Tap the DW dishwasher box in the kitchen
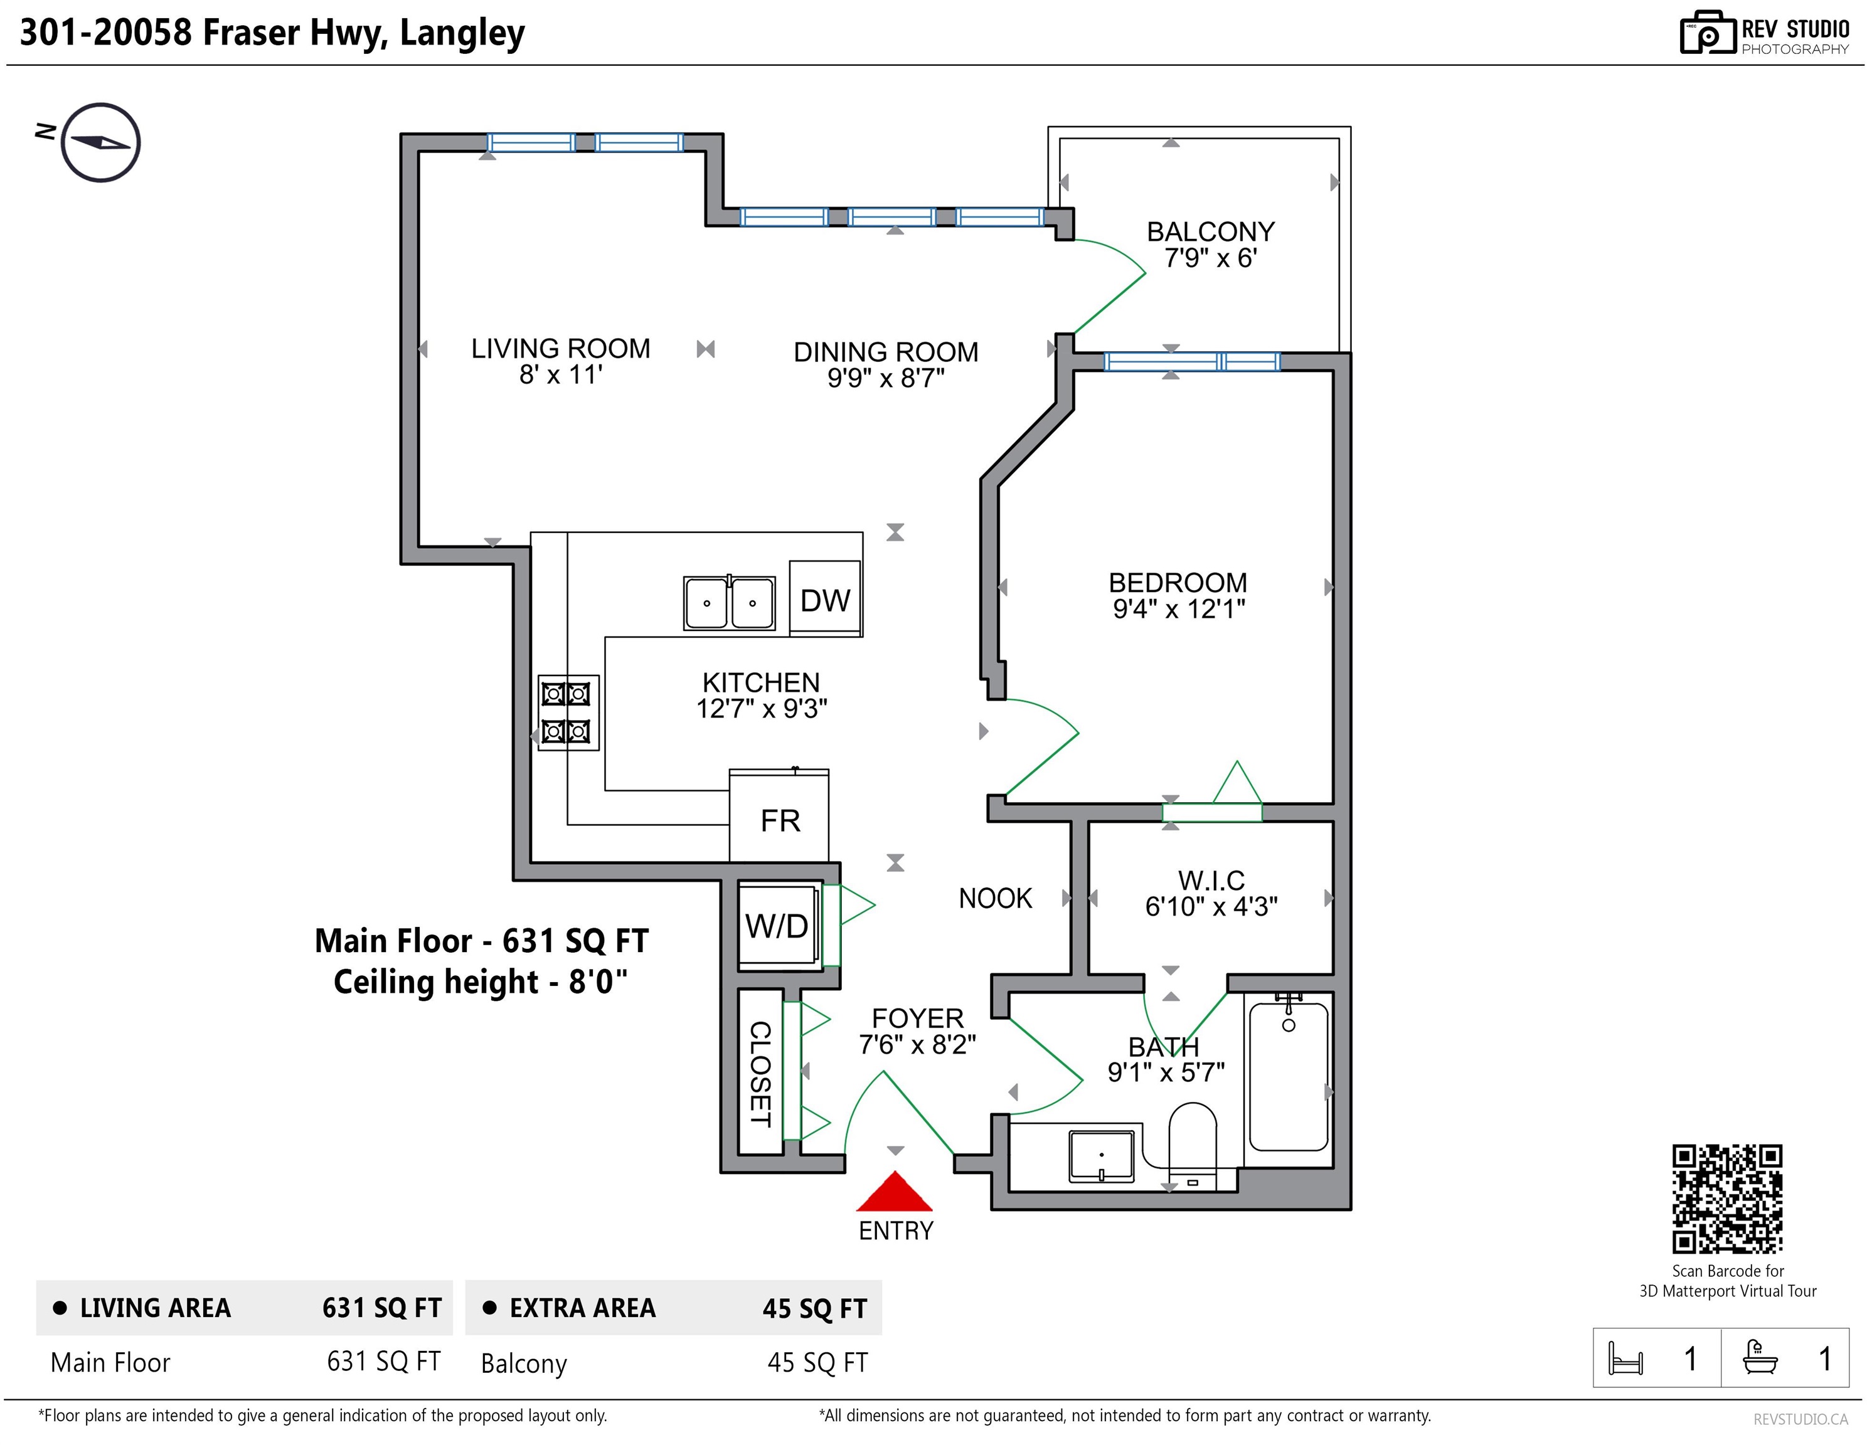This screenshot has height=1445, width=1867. pyautogui.click(x=825, y=598)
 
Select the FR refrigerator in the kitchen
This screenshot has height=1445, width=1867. pyautogui.click(x=779, y=816)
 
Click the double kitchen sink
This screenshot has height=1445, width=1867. pyautogui.click(x=729, y=603)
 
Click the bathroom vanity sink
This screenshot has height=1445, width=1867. pyautogui.click(x=1101, y=1156)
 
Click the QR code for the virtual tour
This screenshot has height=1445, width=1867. pyautogui.click(x=1727, y=1199)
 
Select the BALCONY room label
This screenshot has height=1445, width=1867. pyautogui.click(x=1210, y=231)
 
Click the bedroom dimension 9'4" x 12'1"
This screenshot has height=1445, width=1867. pyautogui.click(x=1179, y=608)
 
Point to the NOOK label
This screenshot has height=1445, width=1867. pyautogui.click(x=995, y=898)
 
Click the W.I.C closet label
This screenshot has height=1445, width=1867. pyautogui.click(x=1211, y=880)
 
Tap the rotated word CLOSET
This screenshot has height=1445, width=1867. pyautogui.click(x=760, y=1074)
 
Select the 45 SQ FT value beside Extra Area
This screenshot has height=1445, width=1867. pyautogui.click(x=815, y=1308)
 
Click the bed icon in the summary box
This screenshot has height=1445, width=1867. pyautogui.click(x=1625, y=1358)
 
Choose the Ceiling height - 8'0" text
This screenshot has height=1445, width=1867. pyautogui.click(x=479, y=982)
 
